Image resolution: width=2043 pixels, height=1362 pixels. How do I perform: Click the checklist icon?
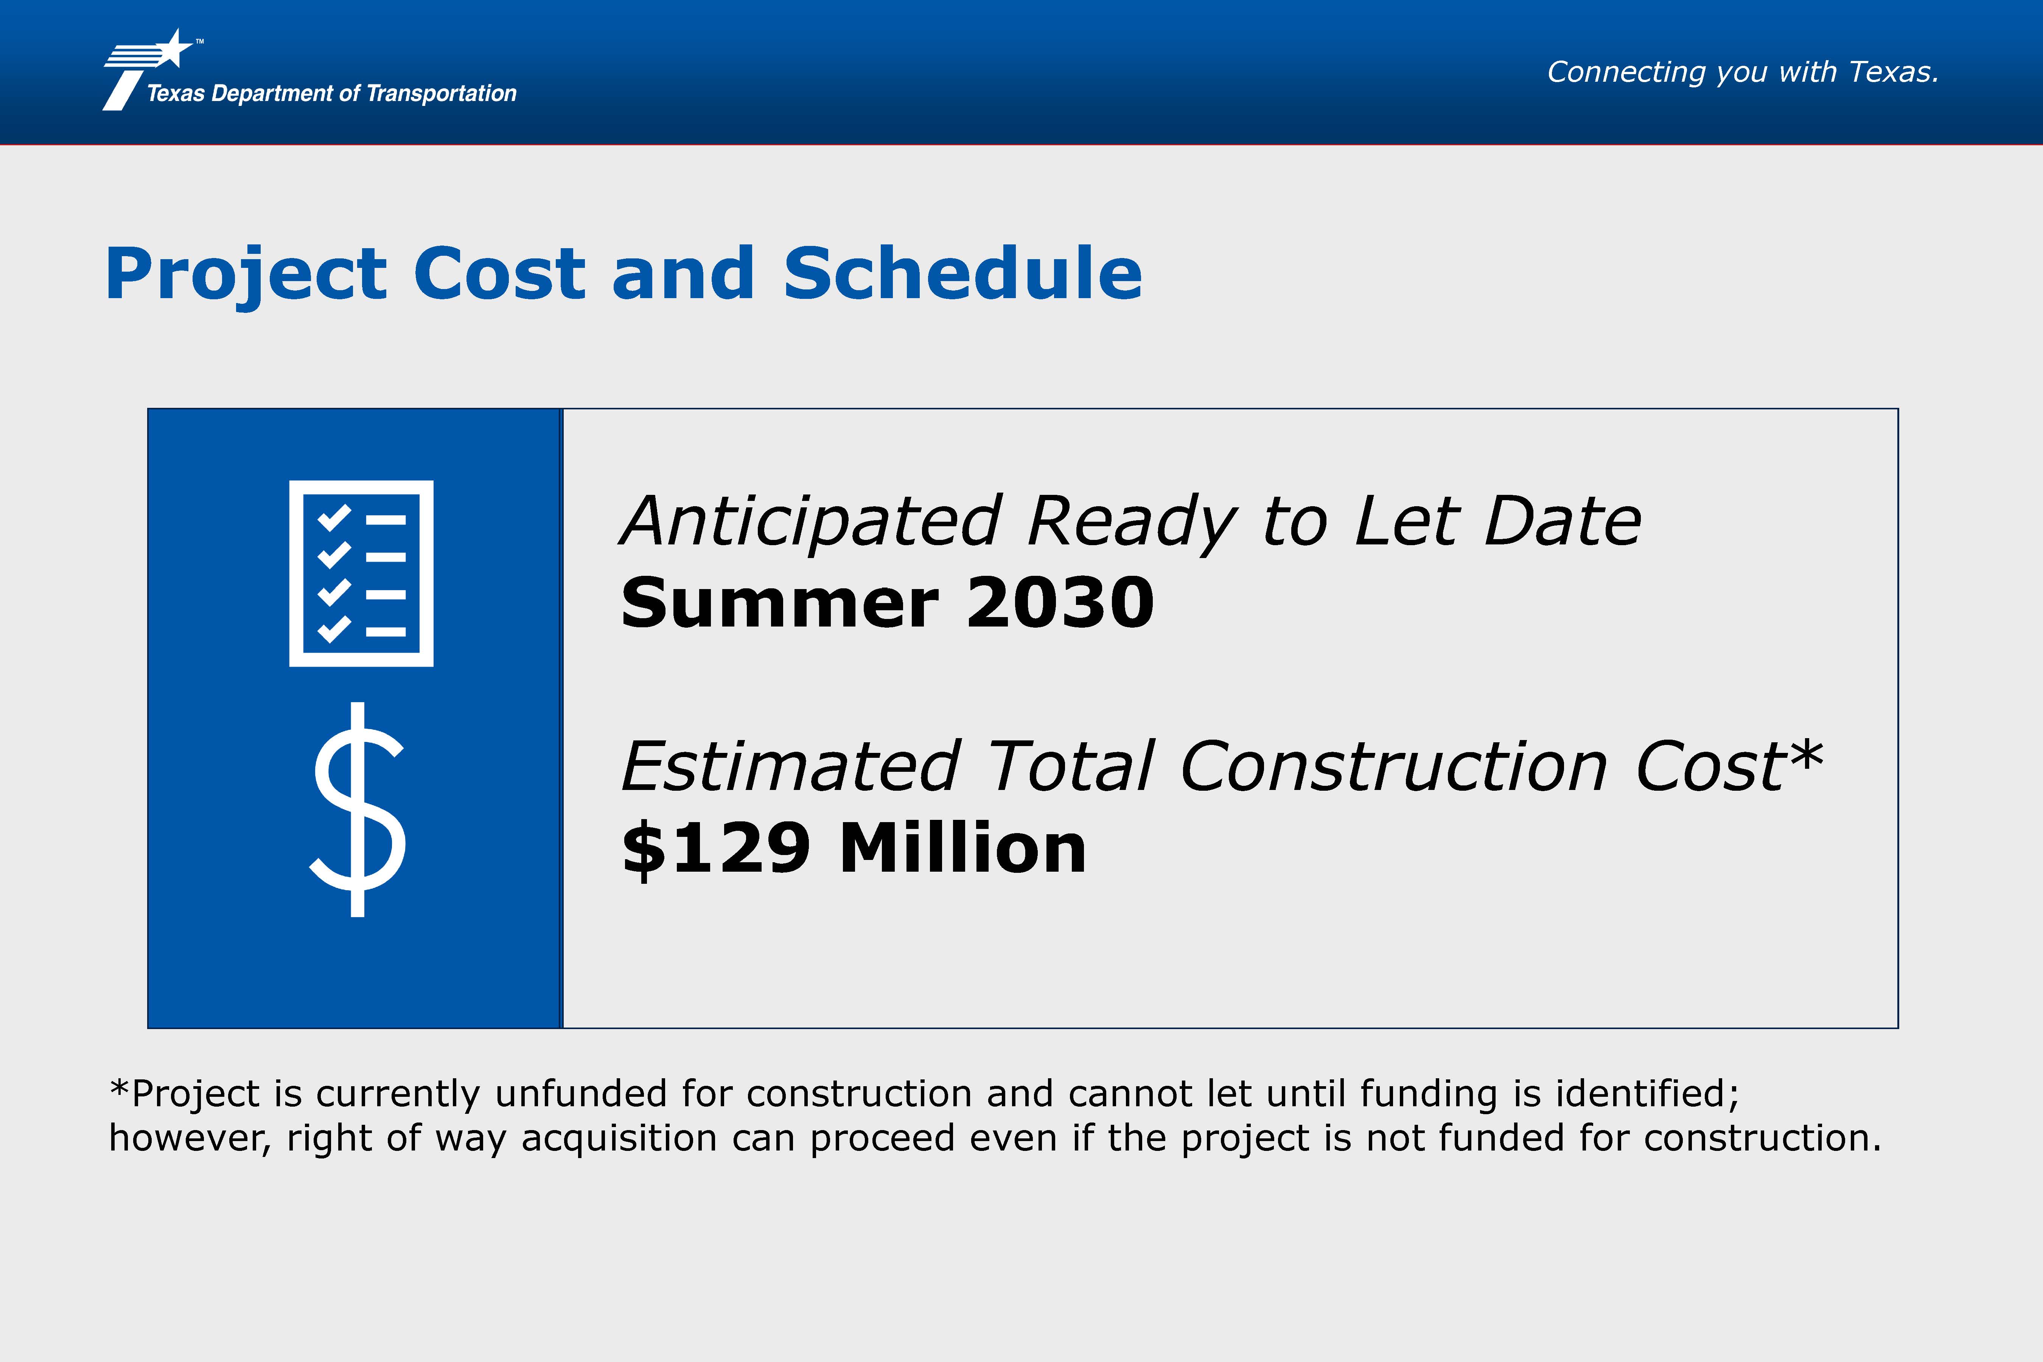click(361, 573)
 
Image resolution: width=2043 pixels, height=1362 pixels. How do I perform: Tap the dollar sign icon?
click(358, 809)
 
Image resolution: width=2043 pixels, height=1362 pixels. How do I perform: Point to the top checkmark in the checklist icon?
click(334, 518)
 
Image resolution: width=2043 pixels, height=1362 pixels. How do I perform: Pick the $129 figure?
click(717, 849)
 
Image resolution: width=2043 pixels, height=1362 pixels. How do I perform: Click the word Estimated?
click(790, 767)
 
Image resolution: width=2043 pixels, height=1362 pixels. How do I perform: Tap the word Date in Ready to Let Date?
click(1563, 521)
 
